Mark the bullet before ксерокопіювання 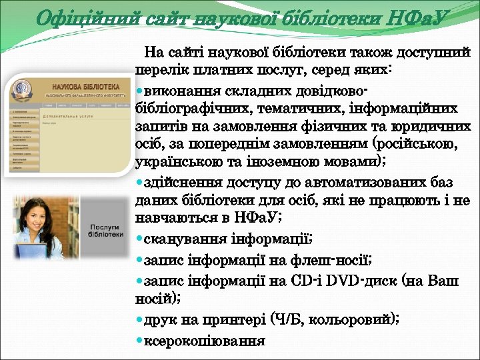click(x=139, y=341)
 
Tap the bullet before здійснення click(x=139, y=182)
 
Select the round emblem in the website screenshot click(x=23, y=91)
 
